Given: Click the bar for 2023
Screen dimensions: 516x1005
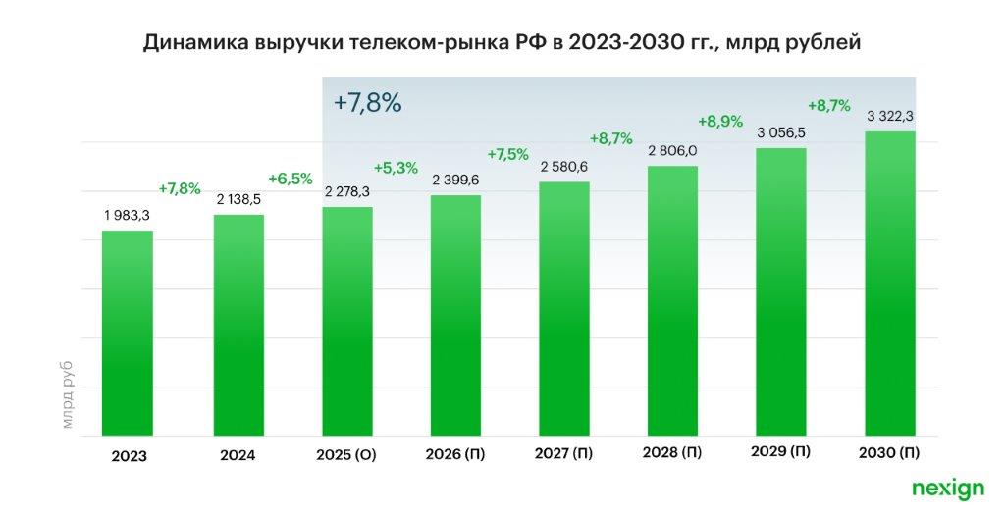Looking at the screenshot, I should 128,334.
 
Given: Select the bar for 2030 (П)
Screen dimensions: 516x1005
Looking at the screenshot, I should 889,284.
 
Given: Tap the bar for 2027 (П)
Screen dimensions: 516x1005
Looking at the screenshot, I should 564,309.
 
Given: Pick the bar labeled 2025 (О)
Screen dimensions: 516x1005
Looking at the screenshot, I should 347,322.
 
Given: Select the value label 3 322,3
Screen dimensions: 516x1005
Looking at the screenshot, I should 890,117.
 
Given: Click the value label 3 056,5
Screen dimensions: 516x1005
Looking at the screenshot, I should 781,132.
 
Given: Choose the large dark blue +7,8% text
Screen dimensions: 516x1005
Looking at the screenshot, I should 368,103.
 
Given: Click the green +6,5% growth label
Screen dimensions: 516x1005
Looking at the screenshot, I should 291,179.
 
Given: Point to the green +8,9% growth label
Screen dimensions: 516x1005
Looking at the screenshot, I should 720,122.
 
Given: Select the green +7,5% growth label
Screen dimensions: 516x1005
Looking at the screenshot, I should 507,154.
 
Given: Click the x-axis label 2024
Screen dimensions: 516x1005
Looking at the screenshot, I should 238,456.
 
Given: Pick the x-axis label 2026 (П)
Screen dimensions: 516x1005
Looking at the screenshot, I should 455,455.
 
